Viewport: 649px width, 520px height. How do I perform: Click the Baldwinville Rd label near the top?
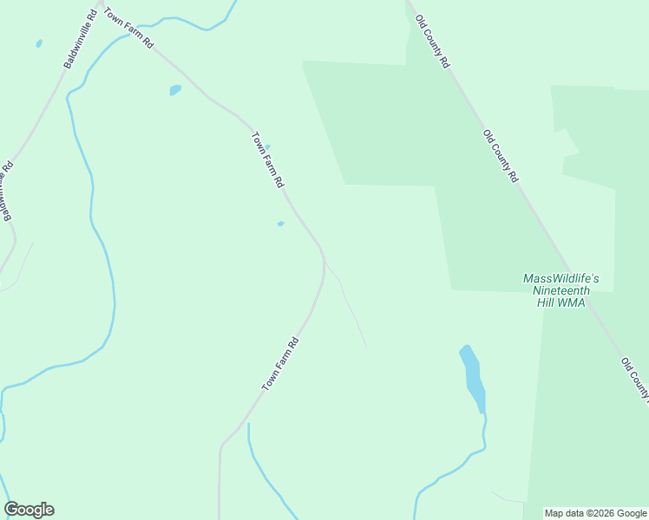pyautogui.click(x=79, y=41)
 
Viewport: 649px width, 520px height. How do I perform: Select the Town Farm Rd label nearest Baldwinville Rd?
pyautogui.click(x=128, y=29)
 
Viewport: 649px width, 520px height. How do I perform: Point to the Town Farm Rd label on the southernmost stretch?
pyautogui.click(x=281, y=363)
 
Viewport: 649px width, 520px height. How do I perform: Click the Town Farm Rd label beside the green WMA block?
pyautogui.click(x=267, y=159)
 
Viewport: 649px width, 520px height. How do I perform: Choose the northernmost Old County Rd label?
pyautogui.click(x=432, y=42)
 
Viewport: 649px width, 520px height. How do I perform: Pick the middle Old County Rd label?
pyautogui.click(x=501, y=155)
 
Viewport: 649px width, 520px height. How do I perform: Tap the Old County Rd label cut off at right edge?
pyautogui.click(x=635, y=380)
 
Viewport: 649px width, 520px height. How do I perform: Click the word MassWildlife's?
pyautogui.click(x=561, y=278)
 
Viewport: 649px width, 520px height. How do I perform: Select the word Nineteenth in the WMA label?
pyautogui.click(x=561, y=290)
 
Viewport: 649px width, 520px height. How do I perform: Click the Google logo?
pyautogui.click(x=29, y=510)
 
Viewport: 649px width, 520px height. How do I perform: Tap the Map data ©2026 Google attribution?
pyautogui.click(x=596, y=513)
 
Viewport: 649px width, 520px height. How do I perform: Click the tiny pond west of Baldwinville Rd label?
pyautogui.click(x=39, y=43)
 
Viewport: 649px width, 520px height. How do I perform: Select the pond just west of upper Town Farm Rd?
pyautogui.click(x=175, y=89)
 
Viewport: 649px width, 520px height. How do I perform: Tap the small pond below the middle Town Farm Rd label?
pyautogui.click(x=280, y=224)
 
